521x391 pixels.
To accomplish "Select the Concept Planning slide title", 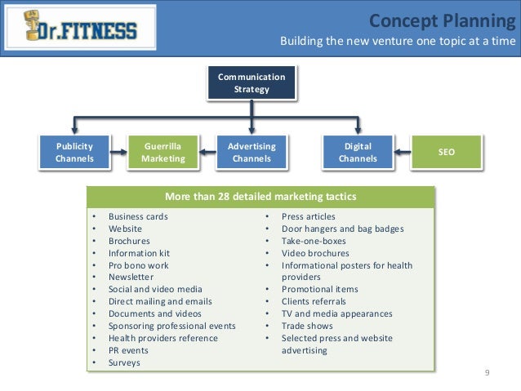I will pos(443,20).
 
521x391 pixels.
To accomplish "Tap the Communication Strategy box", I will pos(251,83).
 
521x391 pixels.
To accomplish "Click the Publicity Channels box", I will pos(74,152).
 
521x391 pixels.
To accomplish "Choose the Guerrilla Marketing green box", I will pos(163,152).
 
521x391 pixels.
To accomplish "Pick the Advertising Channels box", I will pos(252,152).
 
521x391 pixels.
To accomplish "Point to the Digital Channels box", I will pos(358,152).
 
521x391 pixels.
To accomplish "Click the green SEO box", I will pos(446,152).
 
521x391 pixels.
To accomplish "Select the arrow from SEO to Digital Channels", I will pos(402,152).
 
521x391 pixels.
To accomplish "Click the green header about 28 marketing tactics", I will pos(260,196).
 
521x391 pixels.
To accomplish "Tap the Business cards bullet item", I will pos(138,216).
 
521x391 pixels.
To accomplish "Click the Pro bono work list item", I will pos(138,265).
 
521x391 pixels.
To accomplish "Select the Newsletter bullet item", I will pos(131,277).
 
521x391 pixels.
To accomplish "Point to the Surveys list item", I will pos(124,362).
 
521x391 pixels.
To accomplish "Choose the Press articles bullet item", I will pos(308,216).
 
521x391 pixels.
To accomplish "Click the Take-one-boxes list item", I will pos(314,241).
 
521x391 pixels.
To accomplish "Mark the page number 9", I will pos(487,373).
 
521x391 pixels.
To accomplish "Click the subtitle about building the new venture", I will pos(398,42).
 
